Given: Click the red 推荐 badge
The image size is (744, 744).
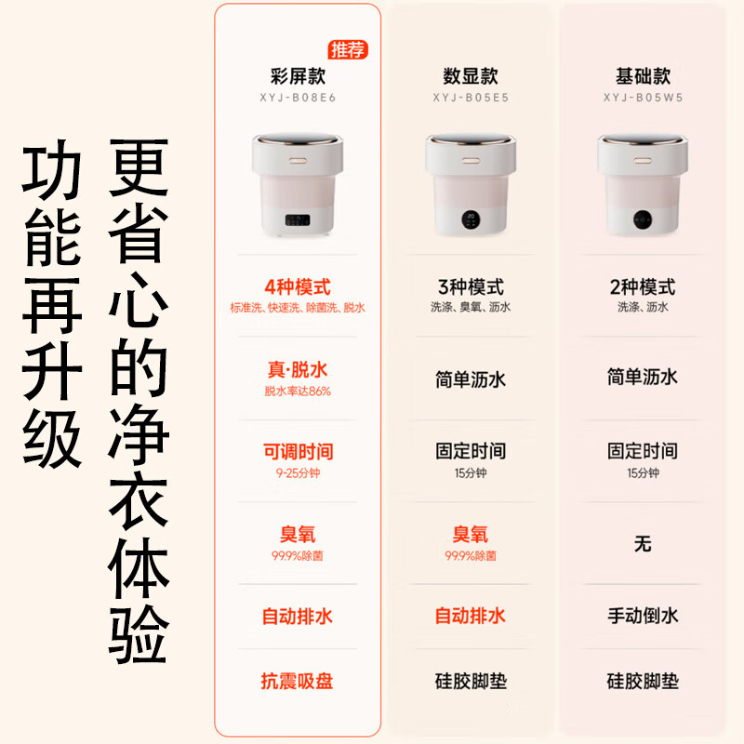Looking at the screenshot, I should (349, 49).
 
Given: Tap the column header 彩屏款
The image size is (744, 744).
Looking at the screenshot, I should (298, 76).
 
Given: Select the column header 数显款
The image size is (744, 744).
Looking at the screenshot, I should (471, 76).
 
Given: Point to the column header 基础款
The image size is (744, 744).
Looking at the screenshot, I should (643, 76).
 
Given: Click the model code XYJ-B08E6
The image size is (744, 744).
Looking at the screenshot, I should (298, 96).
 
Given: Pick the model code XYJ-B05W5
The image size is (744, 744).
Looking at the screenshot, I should (643, 96).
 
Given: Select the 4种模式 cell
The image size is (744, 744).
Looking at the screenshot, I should (298, 287).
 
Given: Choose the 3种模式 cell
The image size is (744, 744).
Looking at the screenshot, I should (471, 287).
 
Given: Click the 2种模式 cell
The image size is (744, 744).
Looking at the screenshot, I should (643, 287).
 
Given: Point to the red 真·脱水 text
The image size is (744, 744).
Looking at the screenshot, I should (298, 370).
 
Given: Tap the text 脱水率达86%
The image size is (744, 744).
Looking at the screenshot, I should (298, 392).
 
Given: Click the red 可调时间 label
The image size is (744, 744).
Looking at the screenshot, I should (298, 452).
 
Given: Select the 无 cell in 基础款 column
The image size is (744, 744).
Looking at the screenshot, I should (643, 544).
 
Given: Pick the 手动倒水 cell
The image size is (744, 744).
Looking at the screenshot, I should (643, 616).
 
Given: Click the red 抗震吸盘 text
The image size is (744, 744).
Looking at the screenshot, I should (298, 682).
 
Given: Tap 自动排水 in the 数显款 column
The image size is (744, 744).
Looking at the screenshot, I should (471, 616).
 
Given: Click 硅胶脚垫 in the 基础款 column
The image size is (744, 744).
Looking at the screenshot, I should (643, 682).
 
